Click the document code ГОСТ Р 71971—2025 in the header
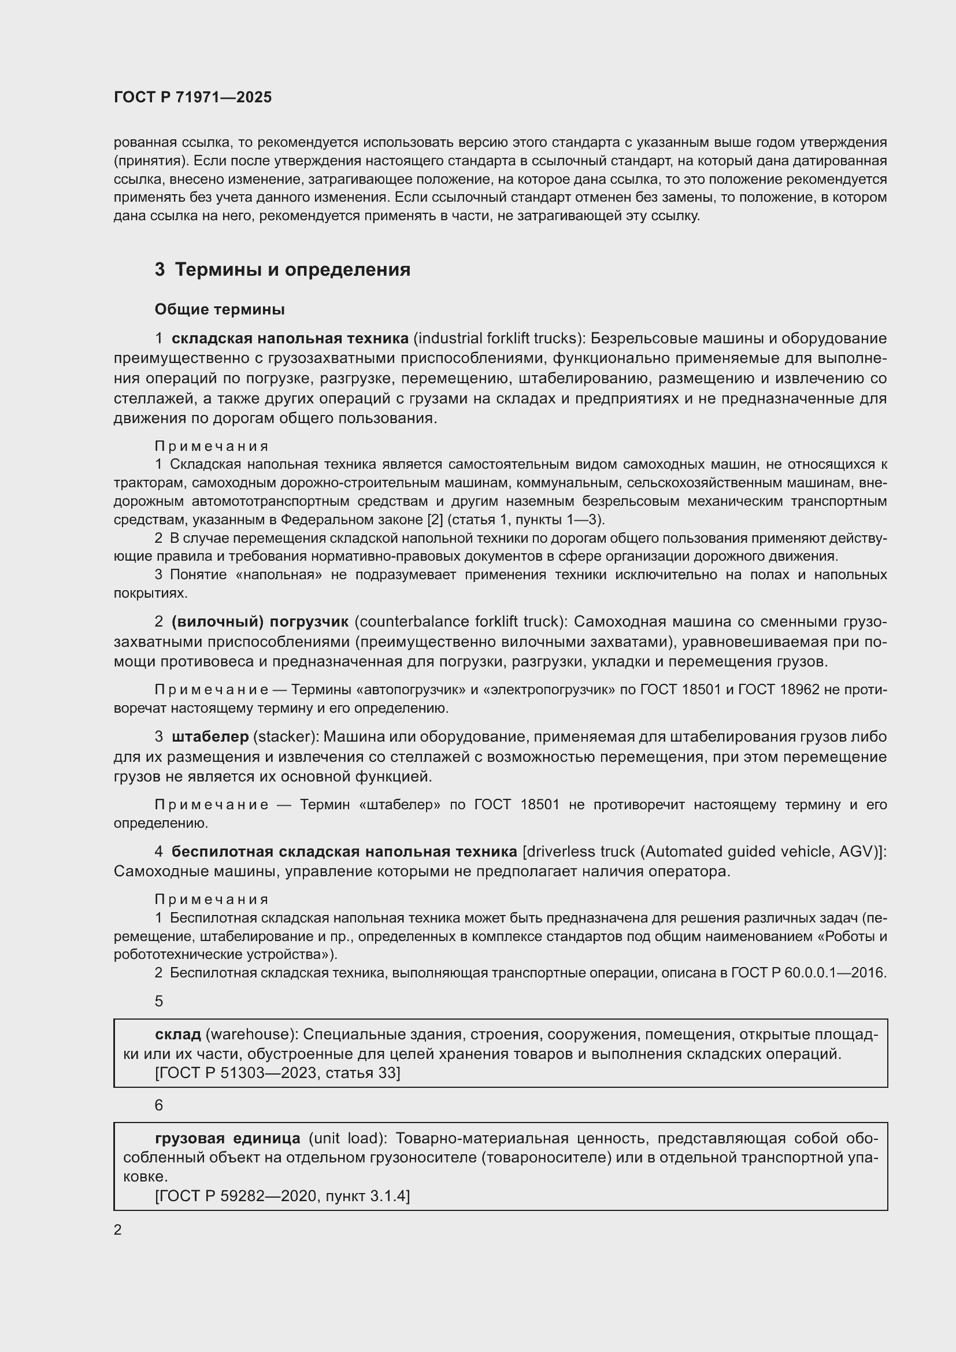pyautogui.click(x=192, y=98)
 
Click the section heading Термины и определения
pyautogui.click(x=292, y=270)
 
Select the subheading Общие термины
pyautogui.click(x=220, y=309)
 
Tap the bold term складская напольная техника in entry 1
pyautogui.click(x=290, y=339)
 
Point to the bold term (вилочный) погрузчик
pyautogui.click(x=260, y=622)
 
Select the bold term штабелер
pyautogui.click(x=210, y=736)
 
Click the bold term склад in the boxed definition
pyautogui.click(x=178, y=1034)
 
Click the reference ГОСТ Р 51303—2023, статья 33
pyautogui.click(x=278, y=1073)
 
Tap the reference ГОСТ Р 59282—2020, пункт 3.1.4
pyautogui.click(x=283, y=1196)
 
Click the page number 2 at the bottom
pyautogui.click(x=118, y=1230)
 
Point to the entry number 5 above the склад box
pyautogui.click(x=159, y=1002)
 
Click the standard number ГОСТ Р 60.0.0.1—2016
pyautogui.click(x=807, y=973)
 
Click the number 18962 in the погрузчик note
pyautogui.click(x=798, y=690)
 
